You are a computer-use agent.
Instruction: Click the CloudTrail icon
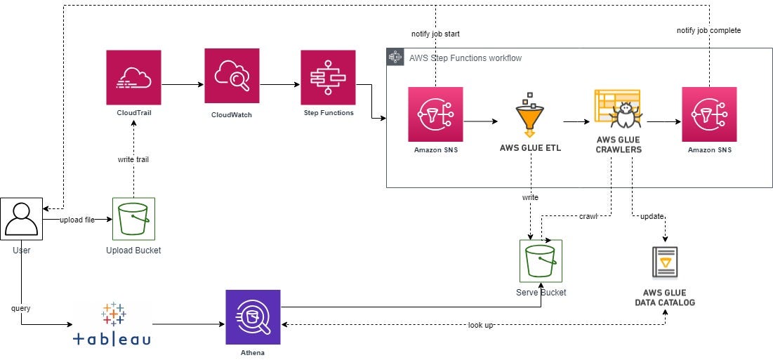pyautogui.click(x=133, y=77)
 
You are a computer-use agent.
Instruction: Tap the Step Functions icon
pyautogui.click(x=328, y=77)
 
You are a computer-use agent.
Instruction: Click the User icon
pyautogui.click(x=21, y=219)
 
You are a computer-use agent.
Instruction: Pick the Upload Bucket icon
pyautogui.click(x=133, y=219)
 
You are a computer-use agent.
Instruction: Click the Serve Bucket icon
pyautogui.click(x=541, y=261)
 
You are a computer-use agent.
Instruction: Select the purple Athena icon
pyautogui.click(x=253, y=317)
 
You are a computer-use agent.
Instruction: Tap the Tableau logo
pyautogui.click(x=112, y=324)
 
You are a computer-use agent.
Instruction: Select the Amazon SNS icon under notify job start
pyautogui.click(x=435, y=114)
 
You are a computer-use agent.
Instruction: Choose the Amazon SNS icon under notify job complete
pyautogui.click(x=709, y=114)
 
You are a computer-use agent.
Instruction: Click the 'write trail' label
pyautogui.click(x=133, y=159)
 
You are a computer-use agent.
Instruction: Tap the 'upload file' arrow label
pyautogui.click(x=77, y=220)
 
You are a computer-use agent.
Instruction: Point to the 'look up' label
pyautogui.click(x=480, y=325)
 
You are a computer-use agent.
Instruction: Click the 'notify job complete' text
pyautogui.click(x=708, y=30)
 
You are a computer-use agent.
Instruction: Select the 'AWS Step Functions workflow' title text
pyautogui.click(x=465, y=58)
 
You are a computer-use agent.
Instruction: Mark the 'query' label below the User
pyautogui.click(x=21, y=308)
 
